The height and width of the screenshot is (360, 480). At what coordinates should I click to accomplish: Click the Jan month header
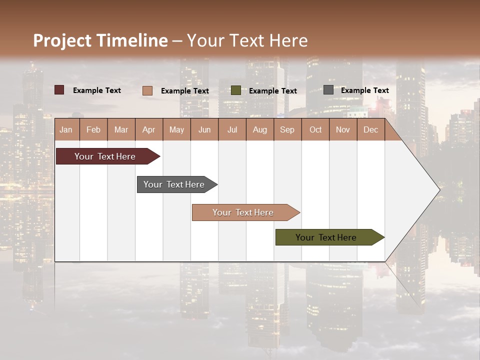(x=66, y=129)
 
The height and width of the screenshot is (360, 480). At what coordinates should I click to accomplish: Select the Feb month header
(x=93, y=129)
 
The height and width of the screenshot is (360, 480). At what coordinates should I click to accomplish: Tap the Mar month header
(x=121, y=129)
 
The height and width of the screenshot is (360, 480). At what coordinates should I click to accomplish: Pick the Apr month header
(x=148, y=129)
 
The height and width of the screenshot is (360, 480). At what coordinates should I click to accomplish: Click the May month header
(x=176, y=129)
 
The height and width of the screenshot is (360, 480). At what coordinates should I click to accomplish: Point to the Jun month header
(x=204, y=129)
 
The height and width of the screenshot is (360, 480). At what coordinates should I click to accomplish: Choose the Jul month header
(x=232, y=129)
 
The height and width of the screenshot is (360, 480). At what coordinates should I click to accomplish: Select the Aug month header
(x=259, y=129)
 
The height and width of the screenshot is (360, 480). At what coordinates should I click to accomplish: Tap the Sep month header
(x=287, y=129)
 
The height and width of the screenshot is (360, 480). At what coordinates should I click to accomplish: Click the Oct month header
(x=315, y=129)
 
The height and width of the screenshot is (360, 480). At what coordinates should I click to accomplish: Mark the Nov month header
(x=343, y=129)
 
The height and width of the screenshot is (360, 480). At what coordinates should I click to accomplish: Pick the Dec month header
(x=370, y=129)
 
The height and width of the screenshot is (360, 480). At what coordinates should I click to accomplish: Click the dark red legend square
(x=59, y=90)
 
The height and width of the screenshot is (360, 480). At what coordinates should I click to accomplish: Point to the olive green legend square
(x=236, y=90)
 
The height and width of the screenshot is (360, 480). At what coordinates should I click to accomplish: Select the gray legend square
(x=328, y=90)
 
